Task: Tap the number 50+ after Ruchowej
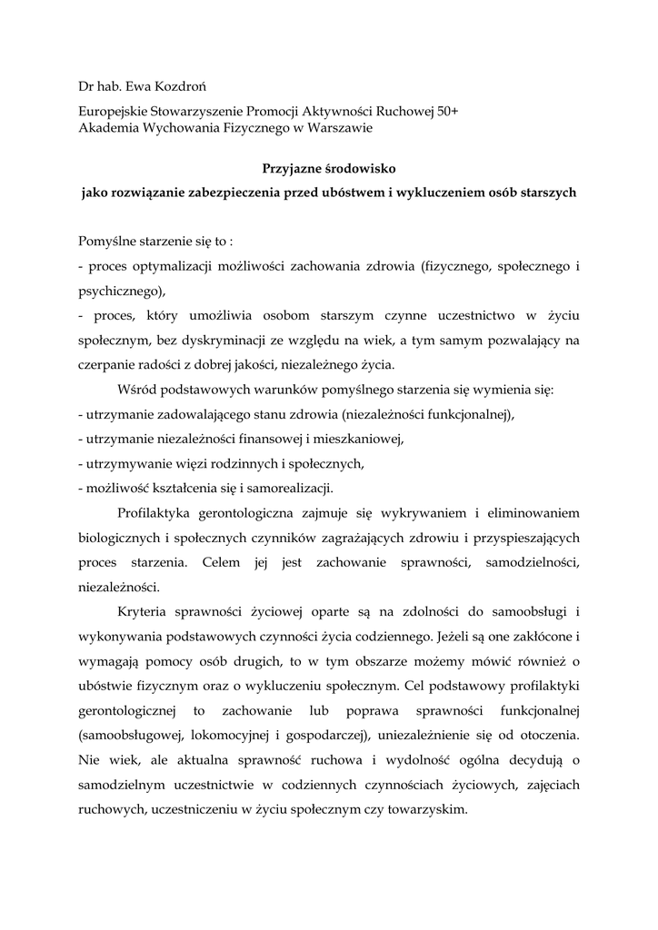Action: (446, 111)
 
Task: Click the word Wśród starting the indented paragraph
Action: (136, 391)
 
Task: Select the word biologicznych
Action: (119, 537)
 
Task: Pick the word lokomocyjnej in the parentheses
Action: (214, 733)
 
